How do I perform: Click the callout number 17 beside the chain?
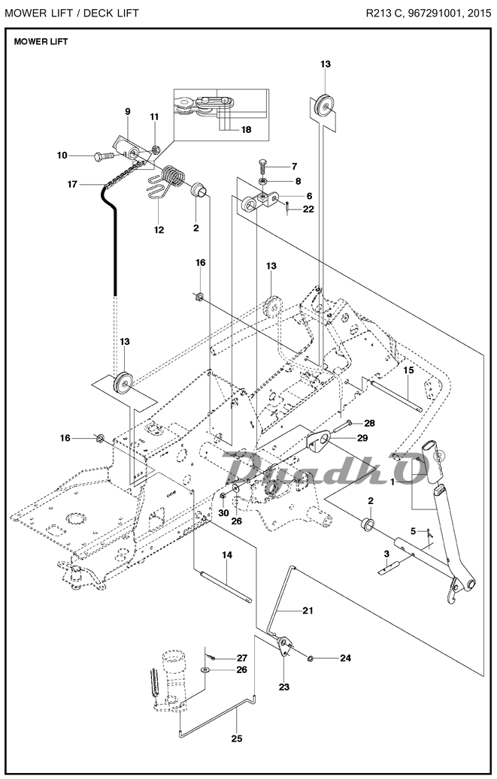point(72,183)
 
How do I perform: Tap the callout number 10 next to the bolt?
point(62,155)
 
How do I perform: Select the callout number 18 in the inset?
point(245,130)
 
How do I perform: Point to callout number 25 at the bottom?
point(236,738)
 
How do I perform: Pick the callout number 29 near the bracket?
point(362,438)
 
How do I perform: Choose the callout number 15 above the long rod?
point(408,370)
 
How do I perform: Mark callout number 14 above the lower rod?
point(226,554)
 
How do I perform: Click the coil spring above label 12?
point(174,177)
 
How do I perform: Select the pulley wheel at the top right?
point(325,105)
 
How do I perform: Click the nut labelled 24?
point(311,659)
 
